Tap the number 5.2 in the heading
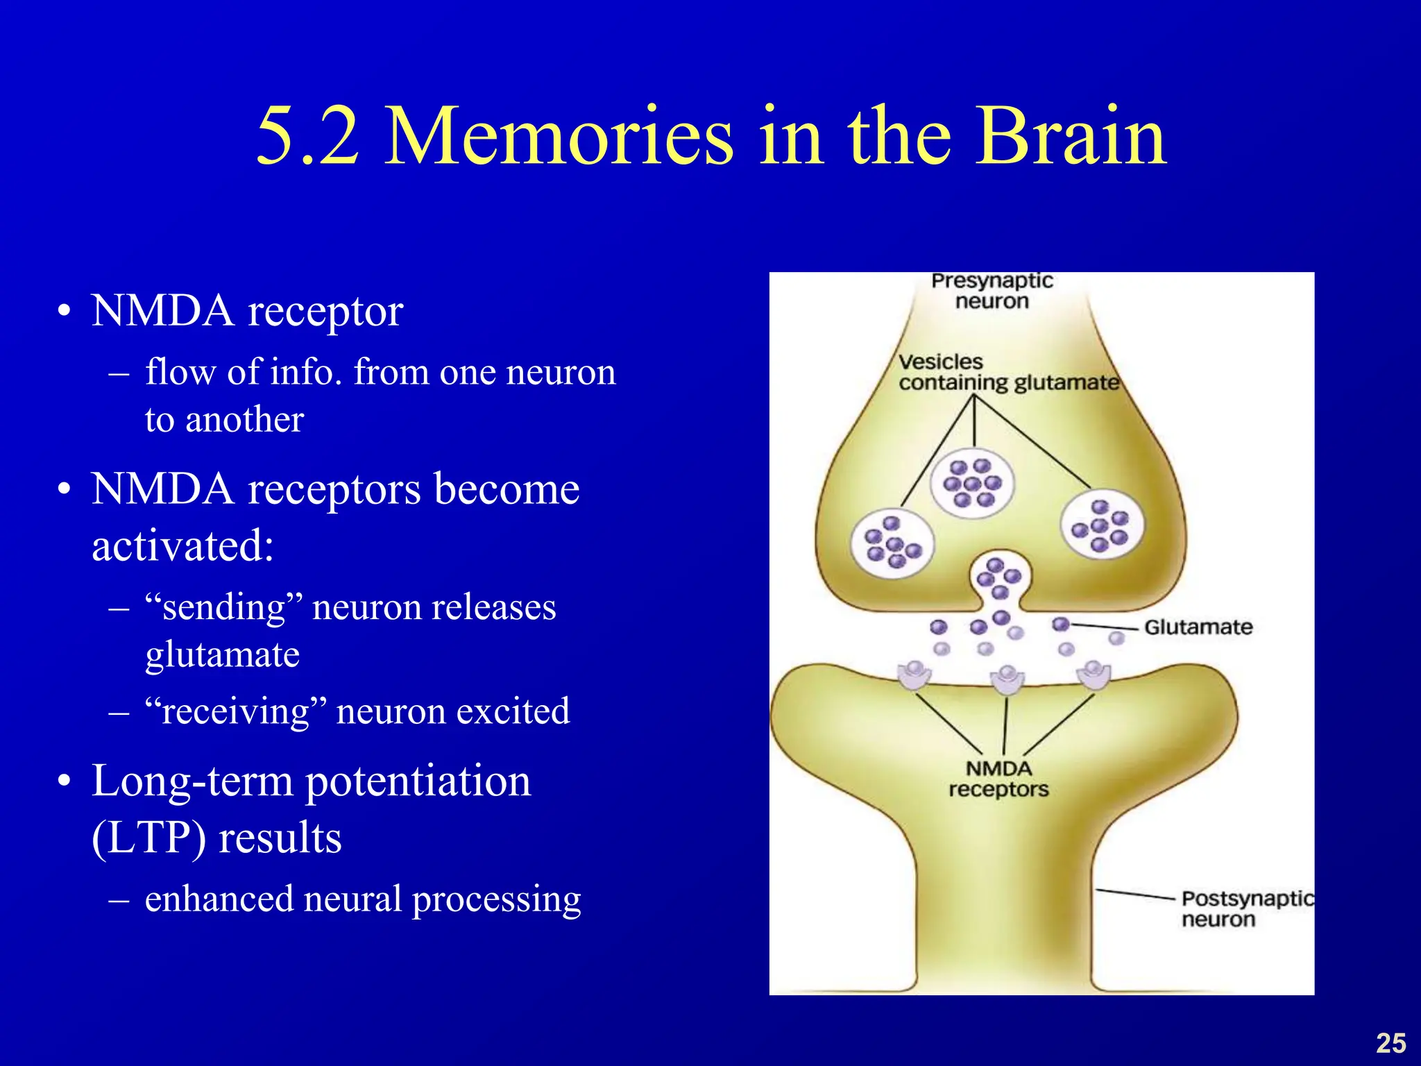coord(308,137)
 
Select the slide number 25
coord(1390,1043)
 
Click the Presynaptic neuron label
coord(992,291)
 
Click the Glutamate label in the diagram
coord(1198,627)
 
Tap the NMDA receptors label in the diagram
coord(998,779)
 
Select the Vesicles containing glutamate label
coord(1008,373)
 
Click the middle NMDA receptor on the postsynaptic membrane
coord(1007,679)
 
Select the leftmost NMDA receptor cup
coord(914,675)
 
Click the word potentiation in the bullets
coord(418,783)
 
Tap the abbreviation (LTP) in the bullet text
coord(148,838)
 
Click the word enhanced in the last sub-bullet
coord(219,899)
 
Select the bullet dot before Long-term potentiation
coord(65,783)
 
